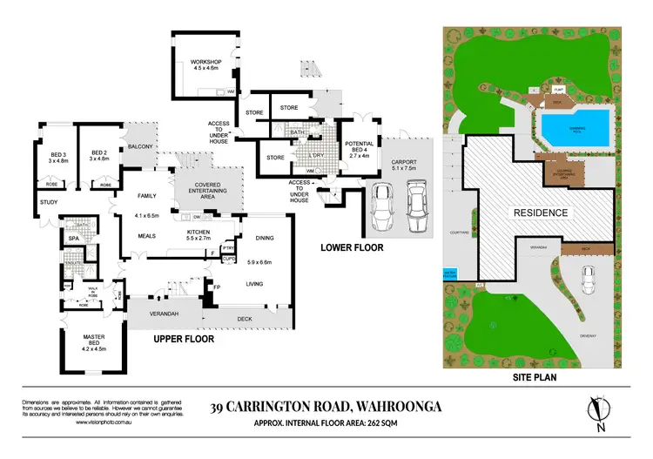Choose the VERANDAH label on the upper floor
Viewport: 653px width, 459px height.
click(164, 314)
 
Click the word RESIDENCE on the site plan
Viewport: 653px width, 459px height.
click(540, 213)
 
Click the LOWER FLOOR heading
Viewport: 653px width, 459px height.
click(351, 246)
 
